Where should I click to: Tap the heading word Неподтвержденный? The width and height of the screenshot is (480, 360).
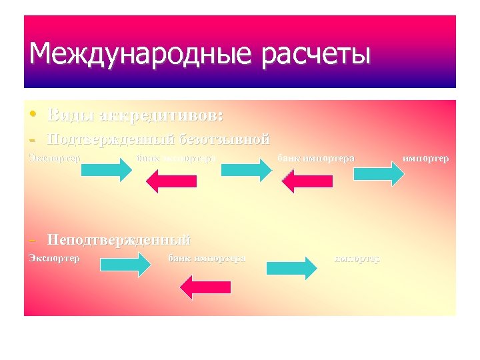tap(119, 239)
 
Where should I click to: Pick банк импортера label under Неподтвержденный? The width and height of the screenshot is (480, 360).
tap(207, 257)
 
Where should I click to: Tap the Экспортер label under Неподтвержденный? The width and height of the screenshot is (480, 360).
tap(54, 257)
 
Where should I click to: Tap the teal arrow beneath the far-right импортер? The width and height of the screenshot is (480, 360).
tap(378, 172)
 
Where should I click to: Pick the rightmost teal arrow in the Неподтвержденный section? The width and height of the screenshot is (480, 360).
tap(291, 267)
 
